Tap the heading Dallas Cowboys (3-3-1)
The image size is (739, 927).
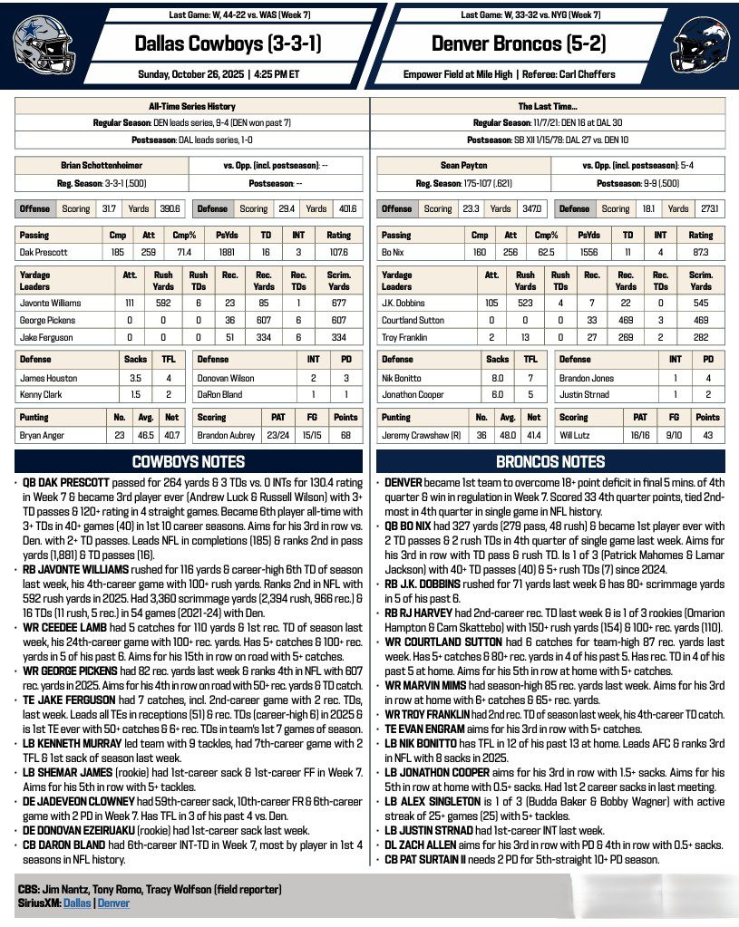(227, 43)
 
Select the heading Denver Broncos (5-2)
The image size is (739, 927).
(518, 43)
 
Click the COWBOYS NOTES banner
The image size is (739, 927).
(189, 461)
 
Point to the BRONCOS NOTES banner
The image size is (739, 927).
(550, 461)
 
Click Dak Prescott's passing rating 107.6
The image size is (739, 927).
(341, 253)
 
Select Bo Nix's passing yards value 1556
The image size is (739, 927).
(584, 253)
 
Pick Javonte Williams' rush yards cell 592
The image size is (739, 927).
(163, 304)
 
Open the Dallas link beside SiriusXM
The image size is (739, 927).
(77, 903)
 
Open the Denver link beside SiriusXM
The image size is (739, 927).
(113, 903)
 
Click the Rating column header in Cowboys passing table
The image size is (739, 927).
(341, 235)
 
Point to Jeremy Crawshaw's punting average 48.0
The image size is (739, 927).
(509, 436)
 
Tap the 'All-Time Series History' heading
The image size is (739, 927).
(192, 106)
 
